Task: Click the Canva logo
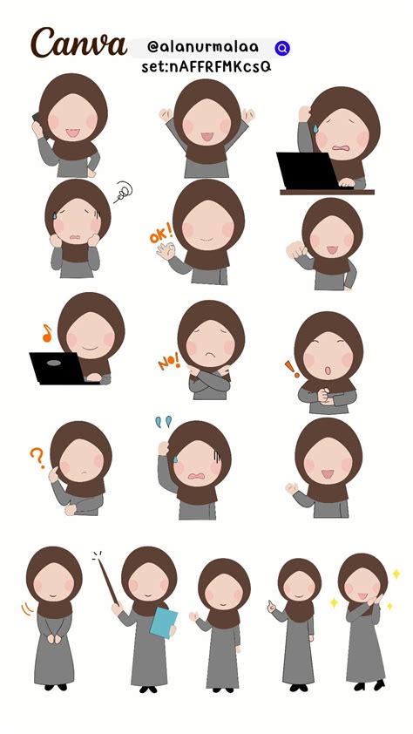tap(78, 43)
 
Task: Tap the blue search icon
tap(282, 48)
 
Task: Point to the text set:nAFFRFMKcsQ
tap(206, 67)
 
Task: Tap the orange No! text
tap(168, 360)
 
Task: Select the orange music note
tap(47, 333)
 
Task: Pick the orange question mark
tap(37, 458)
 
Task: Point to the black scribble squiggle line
tap(123, 192)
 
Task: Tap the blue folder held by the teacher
tap(163, 622)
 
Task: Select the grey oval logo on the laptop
tap(54, 363)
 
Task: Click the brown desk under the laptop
tap(327, 192)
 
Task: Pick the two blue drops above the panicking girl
tap(164, 421)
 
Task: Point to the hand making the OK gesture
tap(166, 251)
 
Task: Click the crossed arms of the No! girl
tap(209, 377)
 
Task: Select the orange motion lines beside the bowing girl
tap(27, 608)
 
